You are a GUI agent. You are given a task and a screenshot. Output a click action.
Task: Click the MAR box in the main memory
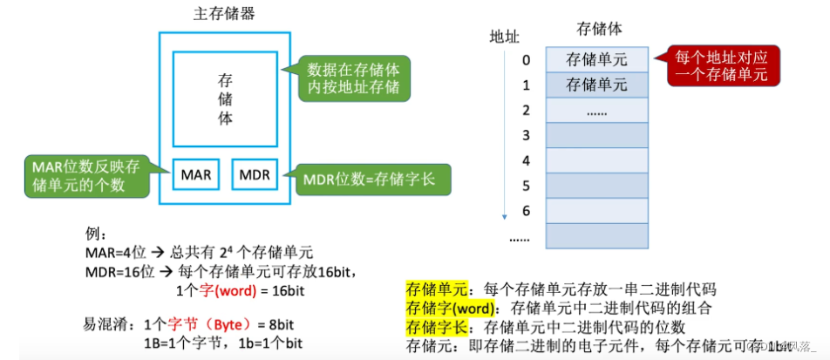pos(196,175)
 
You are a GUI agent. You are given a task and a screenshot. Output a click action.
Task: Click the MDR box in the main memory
pos(254,175)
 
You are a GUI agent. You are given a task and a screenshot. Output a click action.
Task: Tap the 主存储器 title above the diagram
pos(224,15)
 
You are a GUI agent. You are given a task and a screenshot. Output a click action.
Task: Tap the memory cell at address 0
pos(596,59)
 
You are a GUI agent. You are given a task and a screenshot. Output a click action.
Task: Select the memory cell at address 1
pos(596,85)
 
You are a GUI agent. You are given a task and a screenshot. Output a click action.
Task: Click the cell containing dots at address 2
pos(596,111)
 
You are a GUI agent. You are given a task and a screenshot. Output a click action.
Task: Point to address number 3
pos(526,135)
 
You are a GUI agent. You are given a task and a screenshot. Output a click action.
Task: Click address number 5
pos(526,186)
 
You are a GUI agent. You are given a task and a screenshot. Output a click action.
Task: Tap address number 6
pos(526,211)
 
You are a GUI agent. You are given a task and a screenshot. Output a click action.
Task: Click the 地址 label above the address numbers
pos(504,37)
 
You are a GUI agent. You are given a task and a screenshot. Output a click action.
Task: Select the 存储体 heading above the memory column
pos(599,29)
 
